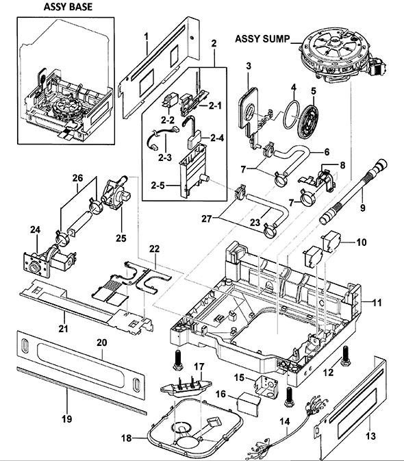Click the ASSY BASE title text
point(68,7)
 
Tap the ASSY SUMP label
point(262,39)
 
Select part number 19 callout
point(67,419)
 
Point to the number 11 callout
point(377,302)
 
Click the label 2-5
point(157,186)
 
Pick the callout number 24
point(35,229)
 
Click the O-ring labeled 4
point(291,114)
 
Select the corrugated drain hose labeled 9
point(353,192)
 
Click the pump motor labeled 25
point(116,192)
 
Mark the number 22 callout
point(154,249)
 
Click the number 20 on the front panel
point(102,342)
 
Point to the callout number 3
point(249,66)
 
